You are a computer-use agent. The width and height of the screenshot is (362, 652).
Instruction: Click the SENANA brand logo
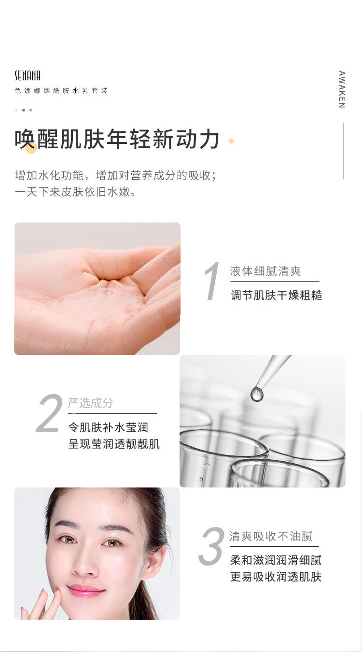tap(28, 75)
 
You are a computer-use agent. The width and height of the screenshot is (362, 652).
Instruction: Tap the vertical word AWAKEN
tap(342, 89)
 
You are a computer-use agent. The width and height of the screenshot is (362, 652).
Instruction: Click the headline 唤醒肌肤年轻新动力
tap(117, 139)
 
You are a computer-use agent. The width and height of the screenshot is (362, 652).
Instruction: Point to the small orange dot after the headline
tap(231, 141)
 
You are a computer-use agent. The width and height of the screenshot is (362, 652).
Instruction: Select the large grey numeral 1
tap(212, 281)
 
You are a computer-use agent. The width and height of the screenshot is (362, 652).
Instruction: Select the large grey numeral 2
tap(49, 413)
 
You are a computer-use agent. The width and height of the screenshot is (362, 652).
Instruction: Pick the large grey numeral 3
tap(211, 546)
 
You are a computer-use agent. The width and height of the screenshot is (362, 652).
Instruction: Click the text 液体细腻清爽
tap(265, 271)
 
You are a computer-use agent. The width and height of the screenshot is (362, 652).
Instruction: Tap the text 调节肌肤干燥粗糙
tap(277, 295)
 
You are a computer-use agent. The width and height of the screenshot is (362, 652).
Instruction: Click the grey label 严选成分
tap(91, 403)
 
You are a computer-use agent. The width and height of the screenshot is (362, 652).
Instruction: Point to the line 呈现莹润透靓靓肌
tap(114, 444)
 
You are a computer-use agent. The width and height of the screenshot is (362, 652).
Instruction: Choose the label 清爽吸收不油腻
tap(271, 536)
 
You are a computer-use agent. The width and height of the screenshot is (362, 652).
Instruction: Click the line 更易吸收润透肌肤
tap(276, 577)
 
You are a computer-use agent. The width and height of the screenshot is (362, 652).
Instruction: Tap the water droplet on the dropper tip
tap(257, 395)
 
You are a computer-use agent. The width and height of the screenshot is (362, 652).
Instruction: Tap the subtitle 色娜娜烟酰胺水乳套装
tap(61, 91)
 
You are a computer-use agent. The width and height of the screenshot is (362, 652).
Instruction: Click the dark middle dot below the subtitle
tap(24, 110)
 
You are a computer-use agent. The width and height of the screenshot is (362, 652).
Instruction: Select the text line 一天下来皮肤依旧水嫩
tap(75, 192)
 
